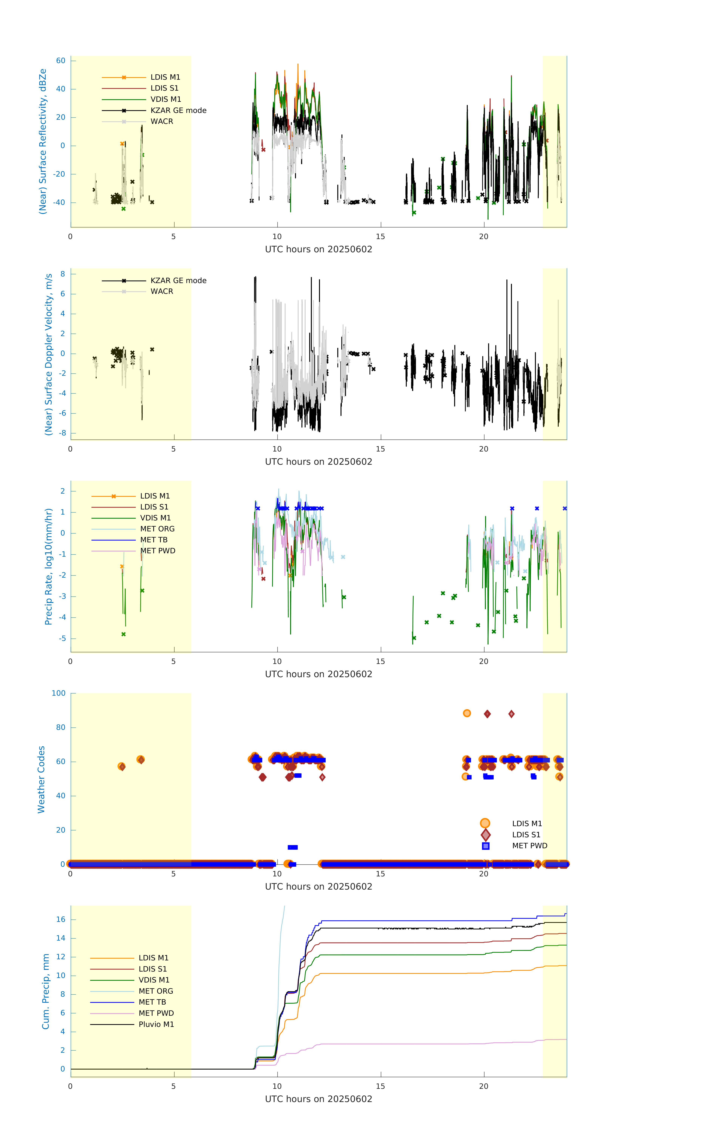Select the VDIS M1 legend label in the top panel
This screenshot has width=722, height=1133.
coord(166,99)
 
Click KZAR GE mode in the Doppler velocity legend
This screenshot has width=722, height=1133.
coord(178,280)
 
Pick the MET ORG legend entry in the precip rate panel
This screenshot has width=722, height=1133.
coord(157,529)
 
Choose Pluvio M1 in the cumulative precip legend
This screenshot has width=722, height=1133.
coord(156,1024)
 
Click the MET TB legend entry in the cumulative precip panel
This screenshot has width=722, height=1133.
coord(152,1002)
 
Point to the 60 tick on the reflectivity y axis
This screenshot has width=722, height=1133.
coord(61,61)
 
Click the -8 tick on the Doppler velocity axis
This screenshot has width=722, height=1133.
coord(62,433)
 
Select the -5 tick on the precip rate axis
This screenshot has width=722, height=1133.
coord(62,638)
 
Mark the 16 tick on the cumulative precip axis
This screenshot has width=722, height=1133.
coord(61,919)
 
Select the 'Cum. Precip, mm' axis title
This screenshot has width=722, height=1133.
coord(46,991)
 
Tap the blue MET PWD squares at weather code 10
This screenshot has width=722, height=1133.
coord(293,847)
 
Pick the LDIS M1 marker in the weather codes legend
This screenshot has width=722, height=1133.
coord(485,823)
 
